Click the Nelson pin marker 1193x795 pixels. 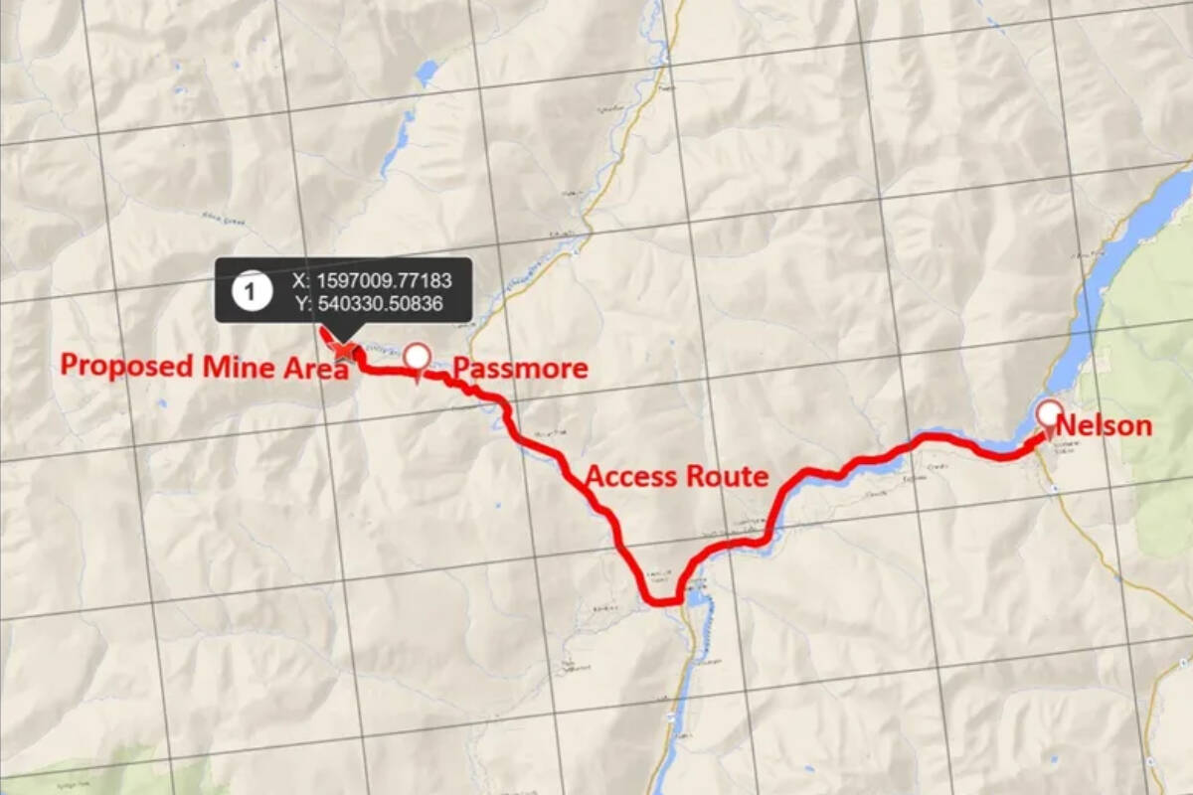tap(1048, 414)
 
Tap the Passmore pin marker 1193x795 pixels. tap(418, 358)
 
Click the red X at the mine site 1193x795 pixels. tap(344, 349)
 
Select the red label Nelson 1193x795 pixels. tap(1104, 426)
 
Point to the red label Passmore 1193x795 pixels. tap(520, 369)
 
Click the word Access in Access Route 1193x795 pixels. tap(630, 477)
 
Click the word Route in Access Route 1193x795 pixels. tap(726, 477)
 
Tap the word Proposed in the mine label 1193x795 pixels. tap(126, 366)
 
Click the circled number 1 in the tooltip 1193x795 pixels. tap(250, 290)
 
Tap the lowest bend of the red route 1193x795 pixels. tap(658, 601)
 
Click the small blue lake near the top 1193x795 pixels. tap(427, 72)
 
